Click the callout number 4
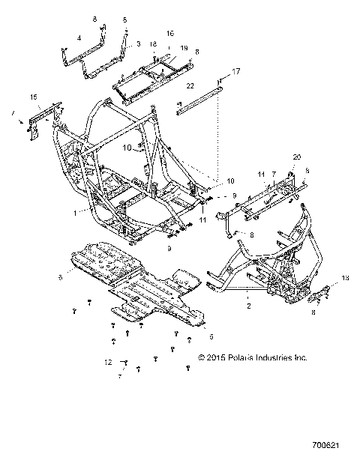pyautogui.click(x=79, y=37)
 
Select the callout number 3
pyautogui.click(x=137, y=46)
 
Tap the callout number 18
pyautogui.click(x=153, y=45)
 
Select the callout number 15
pyautogui.click(x=33, y=98)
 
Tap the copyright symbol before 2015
pyautogui.click(x=201, y=358)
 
